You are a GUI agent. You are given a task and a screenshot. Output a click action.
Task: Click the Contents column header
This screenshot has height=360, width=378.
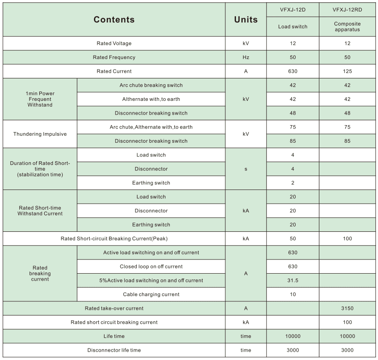tap(114, 19)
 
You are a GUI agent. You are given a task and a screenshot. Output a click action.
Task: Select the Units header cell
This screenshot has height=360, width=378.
tap(246, 19)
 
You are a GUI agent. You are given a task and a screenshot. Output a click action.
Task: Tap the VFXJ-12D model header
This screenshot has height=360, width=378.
tap(292, 10)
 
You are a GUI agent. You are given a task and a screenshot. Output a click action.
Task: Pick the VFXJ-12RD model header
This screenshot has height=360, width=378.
tap(347, 10)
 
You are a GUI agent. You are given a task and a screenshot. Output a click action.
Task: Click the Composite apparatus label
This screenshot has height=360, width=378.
tap(347, 26)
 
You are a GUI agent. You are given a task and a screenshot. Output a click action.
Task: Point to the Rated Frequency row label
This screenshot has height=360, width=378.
tap(114, 57)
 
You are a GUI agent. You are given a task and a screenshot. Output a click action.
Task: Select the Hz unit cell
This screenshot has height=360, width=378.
tap(246, 57)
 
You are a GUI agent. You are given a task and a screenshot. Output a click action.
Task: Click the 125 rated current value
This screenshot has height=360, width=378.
tap(347, 71)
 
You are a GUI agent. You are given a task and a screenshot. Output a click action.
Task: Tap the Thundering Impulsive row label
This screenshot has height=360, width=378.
tap(40, 134)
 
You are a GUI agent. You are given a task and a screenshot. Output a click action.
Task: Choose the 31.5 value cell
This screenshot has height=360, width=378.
tap(292, 280)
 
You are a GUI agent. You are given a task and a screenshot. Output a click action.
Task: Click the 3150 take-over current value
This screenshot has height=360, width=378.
tap(347, 308)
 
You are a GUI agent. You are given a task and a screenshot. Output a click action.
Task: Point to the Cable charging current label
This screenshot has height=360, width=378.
tap(151, 294)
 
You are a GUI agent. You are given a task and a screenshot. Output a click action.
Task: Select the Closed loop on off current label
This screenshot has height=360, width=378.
tap(151, 267)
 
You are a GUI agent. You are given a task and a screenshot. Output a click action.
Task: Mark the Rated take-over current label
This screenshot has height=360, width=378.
tap(114, 308)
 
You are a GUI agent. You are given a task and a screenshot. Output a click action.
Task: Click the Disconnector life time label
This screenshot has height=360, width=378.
tap(114, 350)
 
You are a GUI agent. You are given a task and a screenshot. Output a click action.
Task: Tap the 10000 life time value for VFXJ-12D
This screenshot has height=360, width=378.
tap(292, 336)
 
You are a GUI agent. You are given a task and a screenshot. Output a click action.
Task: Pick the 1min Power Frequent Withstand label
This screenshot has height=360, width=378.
tap(40, 99)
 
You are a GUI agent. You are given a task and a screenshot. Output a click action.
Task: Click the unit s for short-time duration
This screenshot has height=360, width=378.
tap(246, 169)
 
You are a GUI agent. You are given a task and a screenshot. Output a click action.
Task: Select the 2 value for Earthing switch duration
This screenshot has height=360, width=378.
tap(292, 183)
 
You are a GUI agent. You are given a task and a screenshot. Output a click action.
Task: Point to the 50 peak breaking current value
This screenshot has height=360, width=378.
tap(292, 238)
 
